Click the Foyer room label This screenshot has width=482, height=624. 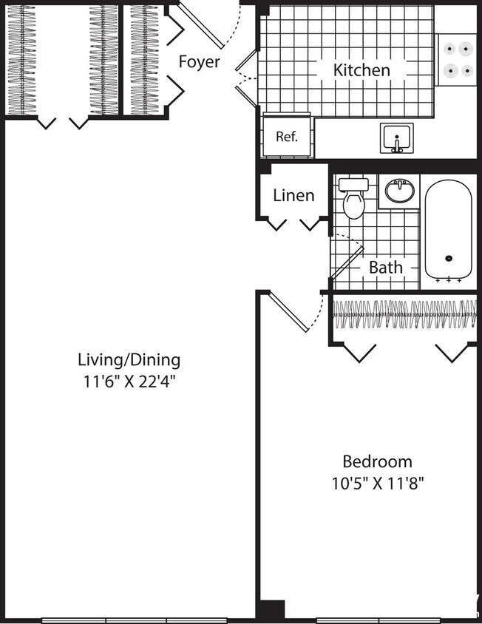tap(199, 61)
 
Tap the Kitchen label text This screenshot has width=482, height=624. tap(361, 70)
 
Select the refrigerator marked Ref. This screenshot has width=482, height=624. tap(286, 136)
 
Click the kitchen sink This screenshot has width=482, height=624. tap(397, 138)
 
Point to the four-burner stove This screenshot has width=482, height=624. tap(456, 60)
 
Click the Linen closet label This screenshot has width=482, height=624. tap(293, 195)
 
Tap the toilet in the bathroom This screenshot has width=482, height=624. tap(354, 199)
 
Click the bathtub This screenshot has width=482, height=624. tap(448, 229)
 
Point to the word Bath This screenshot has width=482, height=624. tap(386, 267)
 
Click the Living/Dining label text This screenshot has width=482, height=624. tap(129, 360)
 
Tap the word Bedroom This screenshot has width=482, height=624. tap(377, 461)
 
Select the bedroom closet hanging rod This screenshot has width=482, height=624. tap(404, 313)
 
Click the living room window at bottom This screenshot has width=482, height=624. tap(133, 620)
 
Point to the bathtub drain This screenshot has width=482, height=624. tap(448, 259)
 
